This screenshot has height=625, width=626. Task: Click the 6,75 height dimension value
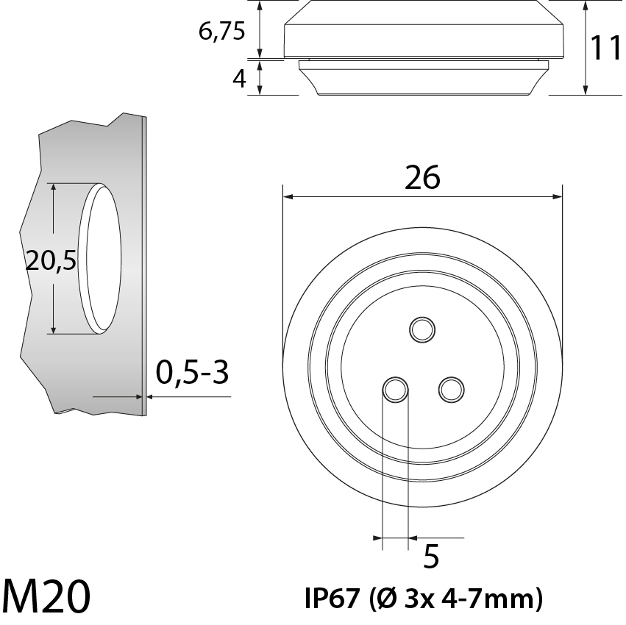click(221, 32)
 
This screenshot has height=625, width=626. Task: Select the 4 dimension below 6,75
click(239, 78)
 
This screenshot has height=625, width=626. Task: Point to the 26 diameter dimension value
click(422, 177)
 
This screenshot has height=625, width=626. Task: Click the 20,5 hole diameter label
click(51, 260)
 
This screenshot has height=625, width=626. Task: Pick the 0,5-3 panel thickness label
click(193, 374)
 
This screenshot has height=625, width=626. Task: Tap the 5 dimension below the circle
click(432, 557)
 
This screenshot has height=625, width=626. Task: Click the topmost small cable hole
click(422, 329)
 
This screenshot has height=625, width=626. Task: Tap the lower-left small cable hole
click(395, 390)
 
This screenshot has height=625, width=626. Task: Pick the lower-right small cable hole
click(450, 390)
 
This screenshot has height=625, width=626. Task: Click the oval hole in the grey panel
click(101, 257)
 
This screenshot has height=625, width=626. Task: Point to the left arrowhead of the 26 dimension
click(288, 197)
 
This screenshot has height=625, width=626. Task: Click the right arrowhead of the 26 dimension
click(558, 197)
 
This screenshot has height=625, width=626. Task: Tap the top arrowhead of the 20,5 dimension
click(54, 189)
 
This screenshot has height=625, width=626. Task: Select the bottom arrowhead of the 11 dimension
click(586, 90)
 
